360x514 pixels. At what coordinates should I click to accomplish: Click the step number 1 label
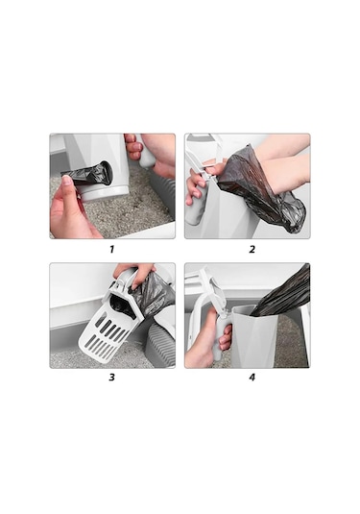(x=111, y=250)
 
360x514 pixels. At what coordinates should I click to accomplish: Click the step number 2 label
(x=252, y=250)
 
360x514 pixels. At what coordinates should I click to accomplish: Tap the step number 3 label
(x=111, y=377)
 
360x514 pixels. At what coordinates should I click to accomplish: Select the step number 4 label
(x=252, y=377)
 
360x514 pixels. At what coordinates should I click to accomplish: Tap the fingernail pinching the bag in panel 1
(x=67, y=181)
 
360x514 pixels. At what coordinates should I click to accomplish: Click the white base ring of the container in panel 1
(x=105, y=193)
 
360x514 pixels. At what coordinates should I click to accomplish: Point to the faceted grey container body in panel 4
(x=253, y=337)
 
